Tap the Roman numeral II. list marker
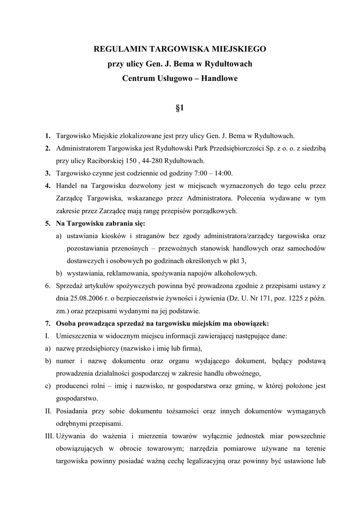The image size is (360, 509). pos(48,411)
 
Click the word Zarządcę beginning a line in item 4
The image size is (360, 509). pos(73,198)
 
